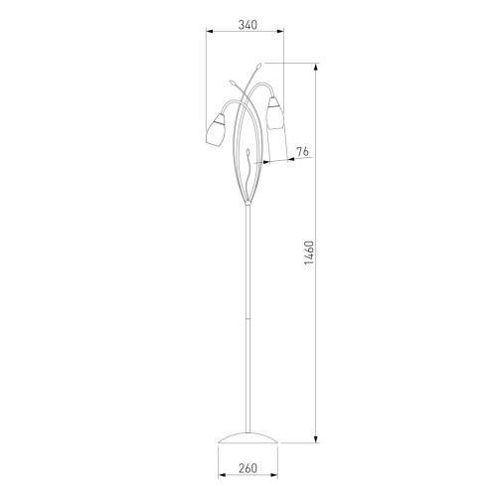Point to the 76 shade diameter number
[x=303, y=151]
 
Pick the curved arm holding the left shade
[x=231, y=105]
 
